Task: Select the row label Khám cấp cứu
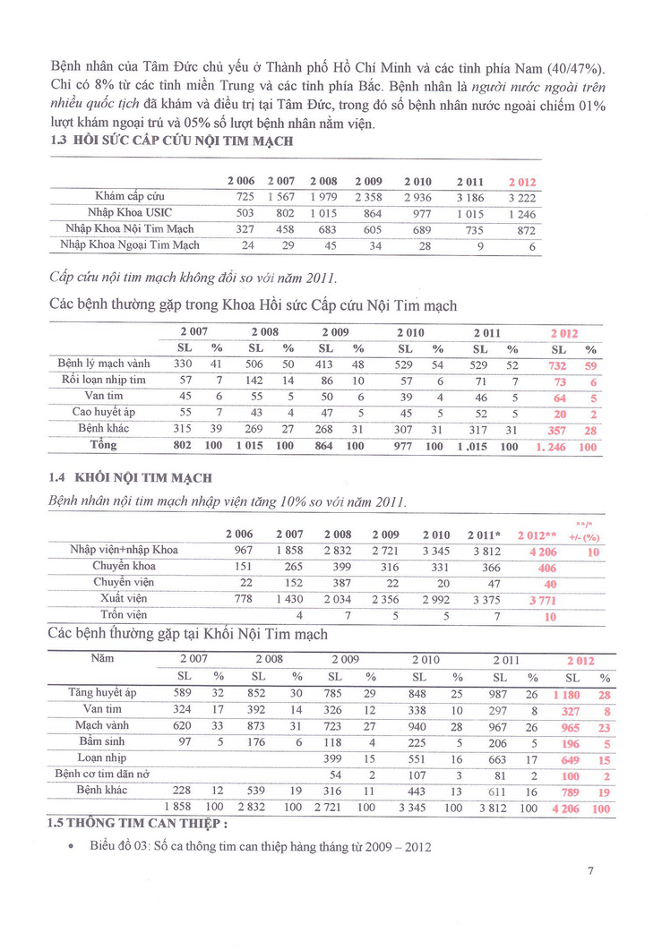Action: [x=130, y=196]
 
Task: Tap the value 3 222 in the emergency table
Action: [x=520, y=197]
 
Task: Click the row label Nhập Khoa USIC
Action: [x=130, y=212]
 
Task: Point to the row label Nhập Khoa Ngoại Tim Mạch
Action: [x=130, y=244]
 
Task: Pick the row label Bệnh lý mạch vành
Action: [x=104, y=364]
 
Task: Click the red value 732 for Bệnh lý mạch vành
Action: [x=558, y=364]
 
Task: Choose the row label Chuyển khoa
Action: [x=124, y=566]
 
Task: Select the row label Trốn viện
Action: [x=124, y=615]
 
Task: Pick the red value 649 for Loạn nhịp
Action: [x=571, y=758]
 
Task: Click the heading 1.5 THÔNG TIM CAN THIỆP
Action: [x=137, y=824]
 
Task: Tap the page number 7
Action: [x=590, y=869]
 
